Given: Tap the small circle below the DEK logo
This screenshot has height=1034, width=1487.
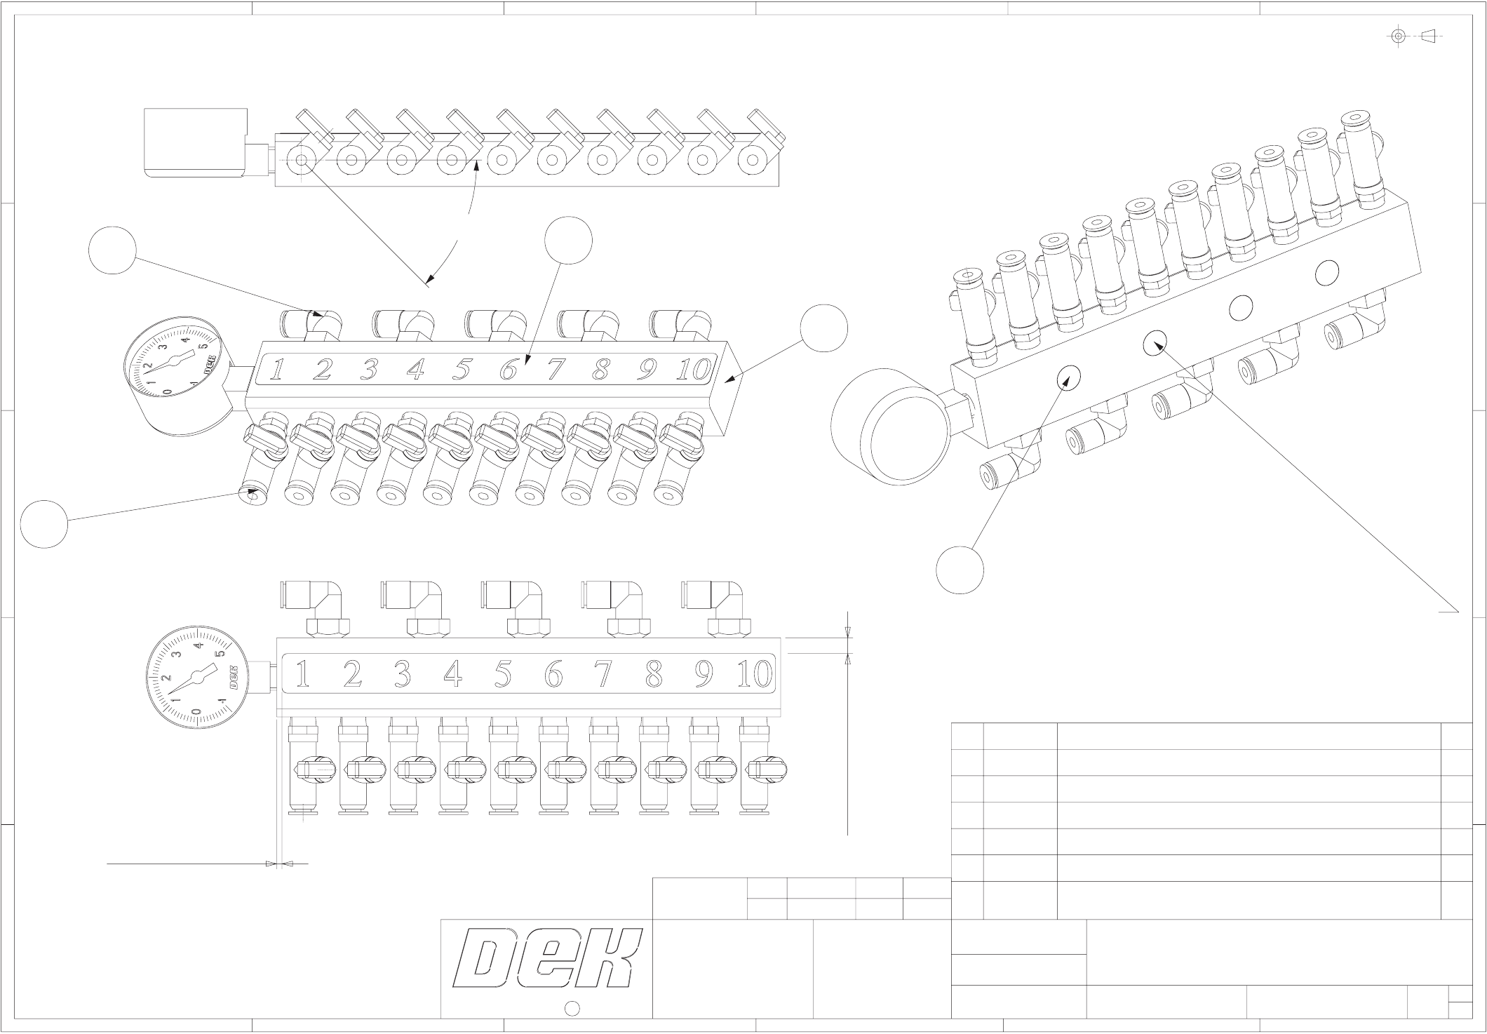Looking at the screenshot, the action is click(x=572, y=1009).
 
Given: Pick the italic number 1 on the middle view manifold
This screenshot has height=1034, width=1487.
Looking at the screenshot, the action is click(x=278, y=369).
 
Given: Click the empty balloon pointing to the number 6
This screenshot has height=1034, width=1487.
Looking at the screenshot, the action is click(x=568, y=241).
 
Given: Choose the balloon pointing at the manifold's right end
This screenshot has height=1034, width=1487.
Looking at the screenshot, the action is click(x=824, y=328).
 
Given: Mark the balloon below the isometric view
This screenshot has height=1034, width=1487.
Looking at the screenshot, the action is click(x=960, y=570).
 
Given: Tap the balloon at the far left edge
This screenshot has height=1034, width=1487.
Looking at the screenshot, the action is click(x=44, y=523).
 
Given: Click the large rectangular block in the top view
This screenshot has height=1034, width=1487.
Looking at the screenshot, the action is click(x=196, y=142).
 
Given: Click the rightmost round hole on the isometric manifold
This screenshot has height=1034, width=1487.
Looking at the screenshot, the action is click(x=1326, y=272).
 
